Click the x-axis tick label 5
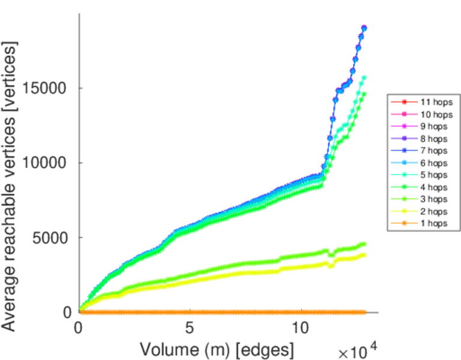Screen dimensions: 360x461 point(190,328)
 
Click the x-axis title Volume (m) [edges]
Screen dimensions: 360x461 point(217,349)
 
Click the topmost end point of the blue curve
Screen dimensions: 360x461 point(364,28)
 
